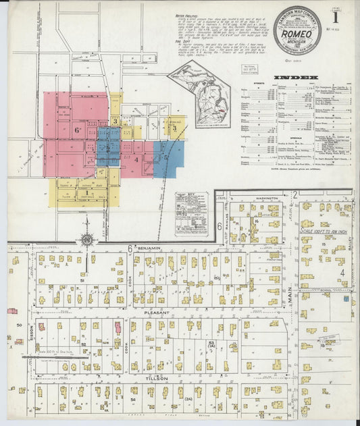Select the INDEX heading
tap(307, 78)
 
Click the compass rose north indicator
tap(86, 238)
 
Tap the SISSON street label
tap(30, 331)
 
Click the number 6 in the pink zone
tap(78, 129)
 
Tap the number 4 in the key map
tap(136, 160)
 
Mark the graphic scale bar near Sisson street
tap(49, 351)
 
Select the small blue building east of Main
tap(345, 298)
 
